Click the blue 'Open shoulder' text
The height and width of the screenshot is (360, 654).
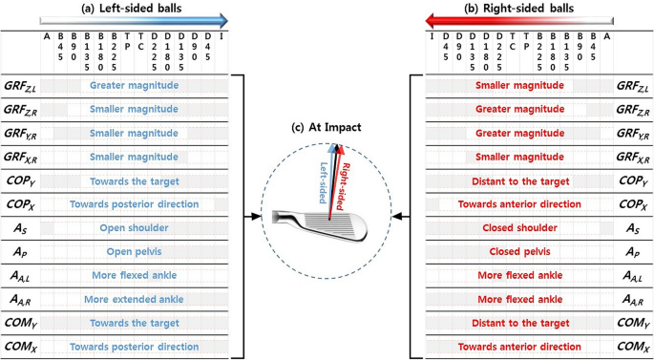[x=134, y=228]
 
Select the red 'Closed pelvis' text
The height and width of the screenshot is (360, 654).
[x=519, y=252]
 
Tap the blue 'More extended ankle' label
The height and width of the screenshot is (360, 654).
[x=134, y=300]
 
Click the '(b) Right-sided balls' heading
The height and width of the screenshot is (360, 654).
[x=521, y=8]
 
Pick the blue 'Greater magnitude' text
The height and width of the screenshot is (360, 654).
[x=134, y=85]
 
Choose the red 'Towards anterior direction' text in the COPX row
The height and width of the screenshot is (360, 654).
[x=519, y=204]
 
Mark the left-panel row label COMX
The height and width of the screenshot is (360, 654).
[x=20, y=348]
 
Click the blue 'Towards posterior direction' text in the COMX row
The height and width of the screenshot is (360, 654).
[x=134, y=348]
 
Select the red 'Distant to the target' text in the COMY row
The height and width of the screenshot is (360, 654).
[x=519, y=324]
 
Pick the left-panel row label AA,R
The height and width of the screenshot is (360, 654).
[x=20, y=300]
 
